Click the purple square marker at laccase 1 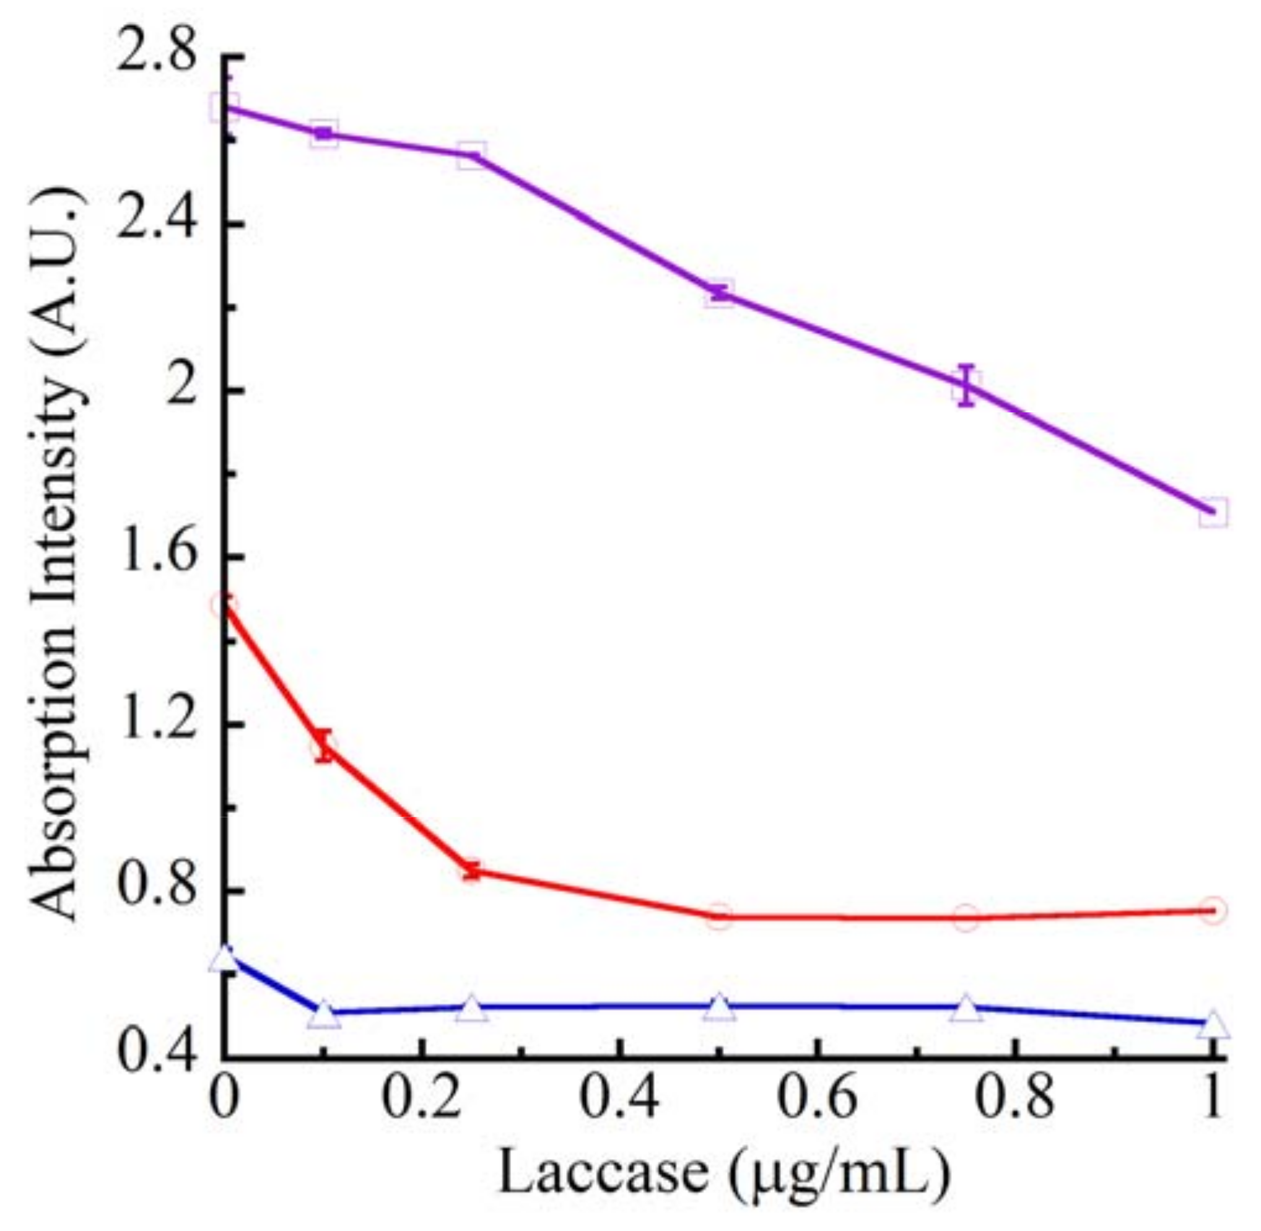pyautogui.click(x=1213, y=512)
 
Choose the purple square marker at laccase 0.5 pyautogui.click(x=719, y=294)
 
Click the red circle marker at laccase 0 pyautogui.click(x=224, y=605)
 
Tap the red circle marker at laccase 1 pyautogui.click(x=1213, y=910)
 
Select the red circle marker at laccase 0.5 pyautogui.click(x=719, y=916)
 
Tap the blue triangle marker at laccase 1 pyautogui.click(x=1213, y=1025)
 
